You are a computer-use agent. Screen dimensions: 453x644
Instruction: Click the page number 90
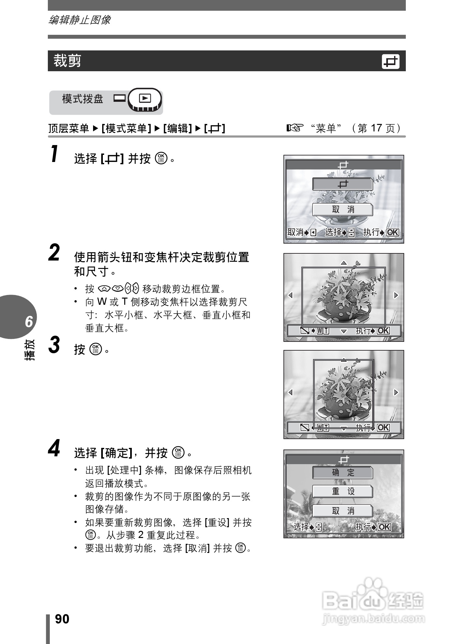coord(62,619)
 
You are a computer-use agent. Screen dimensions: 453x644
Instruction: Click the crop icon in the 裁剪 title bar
coord(390,61)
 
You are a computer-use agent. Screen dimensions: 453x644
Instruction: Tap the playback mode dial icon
coord(145,100)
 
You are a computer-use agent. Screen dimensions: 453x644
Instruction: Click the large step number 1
coord(55,154)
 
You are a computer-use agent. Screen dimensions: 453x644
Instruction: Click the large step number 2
coord(54,253)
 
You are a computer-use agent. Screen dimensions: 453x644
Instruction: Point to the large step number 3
coord(54,345)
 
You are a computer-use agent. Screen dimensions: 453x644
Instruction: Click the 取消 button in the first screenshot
coord(343,210)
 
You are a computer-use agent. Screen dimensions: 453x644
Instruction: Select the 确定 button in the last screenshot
coord(343,473)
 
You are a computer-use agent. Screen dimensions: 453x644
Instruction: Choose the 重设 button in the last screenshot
coord(343,491)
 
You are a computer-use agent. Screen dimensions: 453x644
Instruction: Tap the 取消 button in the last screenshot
coord(343,511)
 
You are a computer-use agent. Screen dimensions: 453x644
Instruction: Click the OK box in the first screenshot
coord(392,232)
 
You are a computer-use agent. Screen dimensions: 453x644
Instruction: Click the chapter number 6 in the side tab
coord(29,321)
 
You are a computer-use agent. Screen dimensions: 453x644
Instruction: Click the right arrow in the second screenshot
coord(396,295)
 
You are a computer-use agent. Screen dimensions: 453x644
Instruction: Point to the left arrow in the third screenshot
coord(290,392)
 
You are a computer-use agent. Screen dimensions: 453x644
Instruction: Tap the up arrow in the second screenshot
coord(344,263)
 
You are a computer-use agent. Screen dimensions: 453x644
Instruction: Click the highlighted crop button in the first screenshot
coord(343,184)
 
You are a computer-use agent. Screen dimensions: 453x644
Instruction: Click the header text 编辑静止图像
coord(79,20)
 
